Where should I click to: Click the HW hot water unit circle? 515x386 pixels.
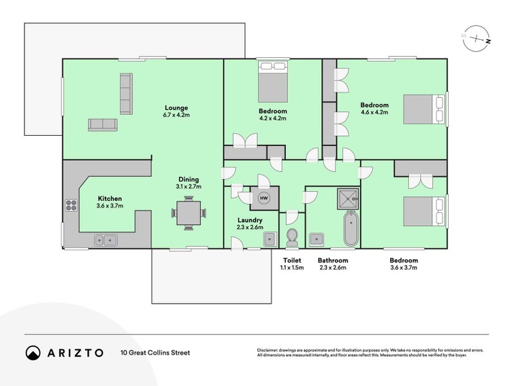[263, 198]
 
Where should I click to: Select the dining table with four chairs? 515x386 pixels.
[189, 212]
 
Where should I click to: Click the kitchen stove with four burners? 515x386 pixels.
[70, 206]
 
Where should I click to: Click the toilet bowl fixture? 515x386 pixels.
[292, 238]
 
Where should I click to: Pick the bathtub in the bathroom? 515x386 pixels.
[350, 228]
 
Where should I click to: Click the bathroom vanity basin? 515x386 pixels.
[316, 239]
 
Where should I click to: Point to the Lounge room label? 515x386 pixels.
[176, 107]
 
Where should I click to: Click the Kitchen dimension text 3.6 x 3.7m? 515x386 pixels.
[109, 206]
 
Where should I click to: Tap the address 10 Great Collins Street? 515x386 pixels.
[155, 353]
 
